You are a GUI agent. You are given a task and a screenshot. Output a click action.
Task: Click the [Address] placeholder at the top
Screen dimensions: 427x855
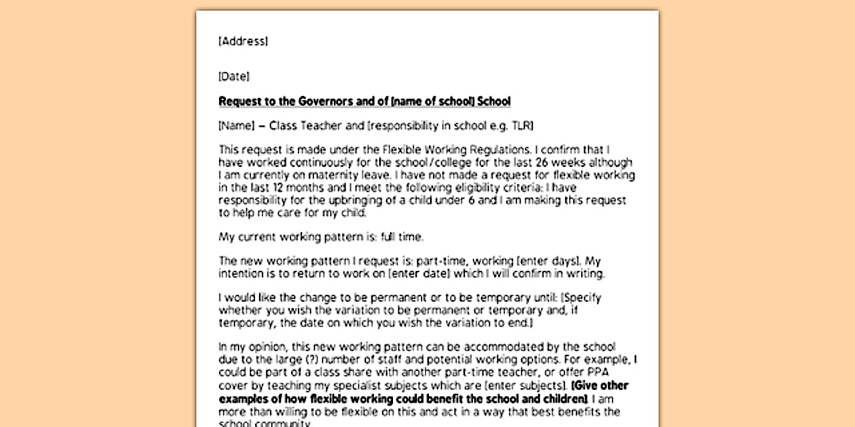(243, 41)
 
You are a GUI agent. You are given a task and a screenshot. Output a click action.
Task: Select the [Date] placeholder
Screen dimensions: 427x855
(233, 77)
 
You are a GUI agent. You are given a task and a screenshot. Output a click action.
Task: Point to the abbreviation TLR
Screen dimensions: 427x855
(522, 125)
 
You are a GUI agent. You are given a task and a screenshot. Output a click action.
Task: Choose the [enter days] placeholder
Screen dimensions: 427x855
(546, 262)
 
